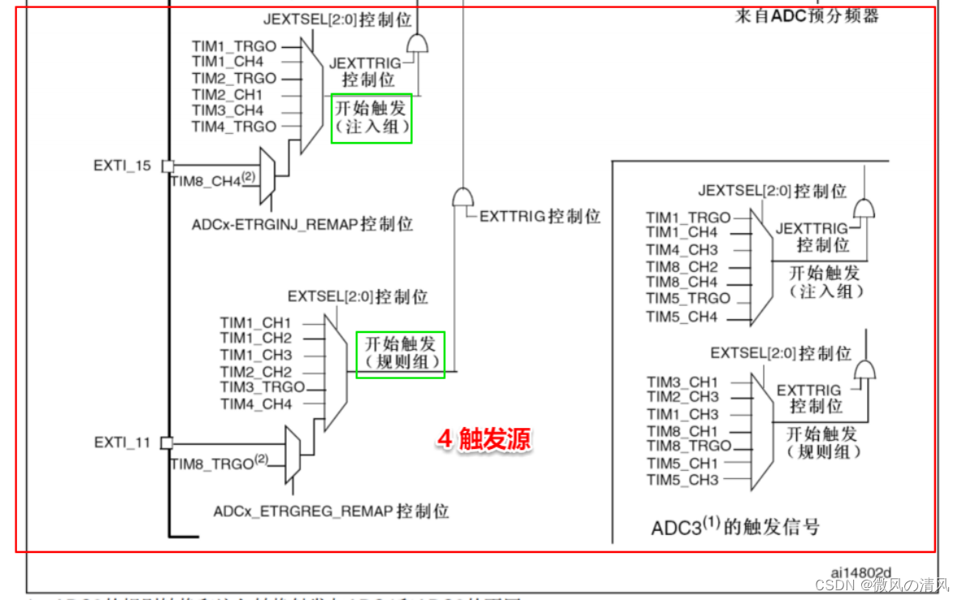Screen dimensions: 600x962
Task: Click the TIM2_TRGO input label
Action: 234,78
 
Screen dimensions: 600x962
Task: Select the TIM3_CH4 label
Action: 227,110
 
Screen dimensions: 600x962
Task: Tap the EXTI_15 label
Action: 122,166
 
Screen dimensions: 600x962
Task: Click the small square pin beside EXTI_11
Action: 167,442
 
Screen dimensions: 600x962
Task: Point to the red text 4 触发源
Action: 484,439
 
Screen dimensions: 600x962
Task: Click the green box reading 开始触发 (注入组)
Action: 372,118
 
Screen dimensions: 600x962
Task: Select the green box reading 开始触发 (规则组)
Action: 401,354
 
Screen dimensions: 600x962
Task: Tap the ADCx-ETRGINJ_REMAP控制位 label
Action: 302,223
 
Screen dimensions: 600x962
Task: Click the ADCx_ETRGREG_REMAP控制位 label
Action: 331,512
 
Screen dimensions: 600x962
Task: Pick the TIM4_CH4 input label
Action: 256,404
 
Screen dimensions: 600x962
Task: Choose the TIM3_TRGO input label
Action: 262,387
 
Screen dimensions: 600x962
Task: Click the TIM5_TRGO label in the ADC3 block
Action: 688,299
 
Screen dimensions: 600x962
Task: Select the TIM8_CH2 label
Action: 682,266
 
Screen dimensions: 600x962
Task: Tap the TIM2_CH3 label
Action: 682,397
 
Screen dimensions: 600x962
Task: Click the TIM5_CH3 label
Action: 682,479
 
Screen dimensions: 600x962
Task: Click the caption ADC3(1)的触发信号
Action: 735,527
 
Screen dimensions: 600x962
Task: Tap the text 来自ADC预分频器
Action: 807,15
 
